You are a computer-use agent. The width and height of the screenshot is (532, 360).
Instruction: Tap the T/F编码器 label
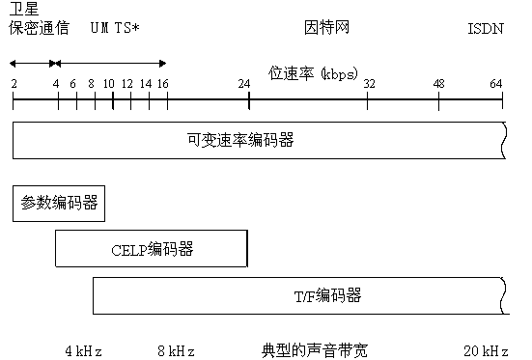point(328,294)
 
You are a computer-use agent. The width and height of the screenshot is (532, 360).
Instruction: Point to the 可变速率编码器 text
point(240,140)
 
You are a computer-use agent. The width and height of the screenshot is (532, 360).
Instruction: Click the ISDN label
point(485,29)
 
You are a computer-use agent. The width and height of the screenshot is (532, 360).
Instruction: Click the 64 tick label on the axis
point(496,84)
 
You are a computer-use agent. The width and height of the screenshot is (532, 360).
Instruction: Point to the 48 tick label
point(439,84)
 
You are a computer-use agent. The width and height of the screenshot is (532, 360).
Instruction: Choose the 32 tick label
point(369,84)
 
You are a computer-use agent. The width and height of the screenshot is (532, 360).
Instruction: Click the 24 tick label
point(244,84)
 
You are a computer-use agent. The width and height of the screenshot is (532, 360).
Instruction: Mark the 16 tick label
point(162,84)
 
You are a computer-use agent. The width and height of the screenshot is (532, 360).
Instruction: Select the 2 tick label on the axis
point(14,84)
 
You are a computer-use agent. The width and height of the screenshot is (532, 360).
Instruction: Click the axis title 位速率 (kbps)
point(311,73)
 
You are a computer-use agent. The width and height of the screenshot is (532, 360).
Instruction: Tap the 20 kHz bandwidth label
point(486,349)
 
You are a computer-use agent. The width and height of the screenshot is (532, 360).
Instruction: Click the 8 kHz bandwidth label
point(176,349)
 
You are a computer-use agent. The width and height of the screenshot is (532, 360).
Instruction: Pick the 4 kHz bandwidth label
point(83,349)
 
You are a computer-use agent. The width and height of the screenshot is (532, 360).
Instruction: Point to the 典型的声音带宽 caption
point(314,348)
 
